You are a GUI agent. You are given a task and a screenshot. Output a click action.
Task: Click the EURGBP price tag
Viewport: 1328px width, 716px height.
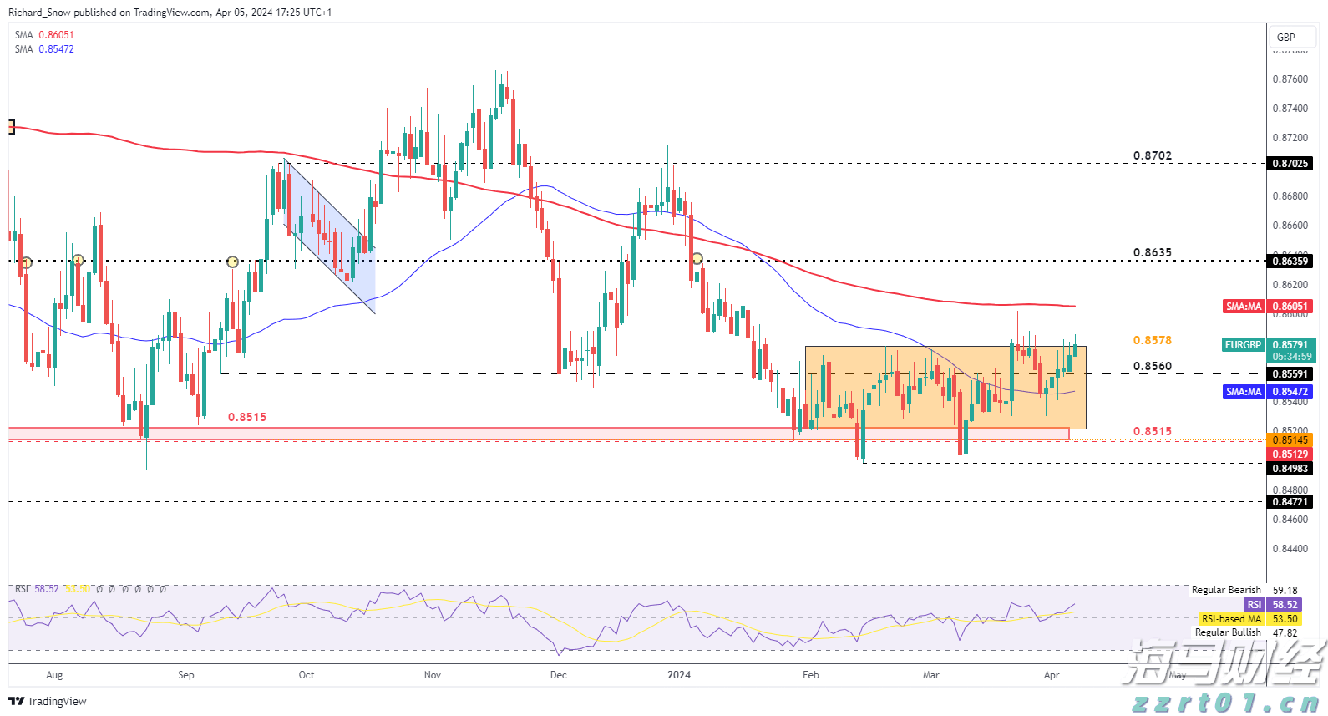click(x=1243, y=345)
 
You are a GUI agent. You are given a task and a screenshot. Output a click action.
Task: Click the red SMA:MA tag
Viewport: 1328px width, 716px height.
click(x=1243, y=307)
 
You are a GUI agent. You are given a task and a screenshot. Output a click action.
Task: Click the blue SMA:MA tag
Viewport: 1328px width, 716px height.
click(x=1243, y=392)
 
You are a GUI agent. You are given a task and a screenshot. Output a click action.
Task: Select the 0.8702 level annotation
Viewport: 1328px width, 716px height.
click(x=1152, y=156)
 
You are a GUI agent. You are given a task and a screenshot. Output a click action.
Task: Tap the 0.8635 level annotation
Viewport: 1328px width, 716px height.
click(x=1152, y=252)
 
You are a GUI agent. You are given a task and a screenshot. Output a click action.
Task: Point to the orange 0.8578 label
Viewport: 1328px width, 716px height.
click(x=1152, y=340)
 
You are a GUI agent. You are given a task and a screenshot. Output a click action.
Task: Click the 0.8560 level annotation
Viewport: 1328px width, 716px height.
click(x=1152, y=366)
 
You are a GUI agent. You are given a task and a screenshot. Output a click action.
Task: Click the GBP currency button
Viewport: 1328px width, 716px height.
click(x=1286, y=37)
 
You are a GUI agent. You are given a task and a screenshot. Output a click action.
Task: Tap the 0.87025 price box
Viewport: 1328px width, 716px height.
click(x=1290, y=164)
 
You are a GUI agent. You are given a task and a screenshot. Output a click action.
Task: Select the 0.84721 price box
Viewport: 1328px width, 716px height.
click(x=1290, y=502)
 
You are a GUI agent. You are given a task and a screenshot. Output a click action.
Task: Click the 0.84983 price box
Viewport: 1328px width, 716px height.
click(x=1290, y=469)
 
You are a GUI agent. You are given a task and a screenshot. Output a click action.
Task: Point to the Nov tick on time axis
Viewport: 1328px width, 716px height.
click(x=432, y=675)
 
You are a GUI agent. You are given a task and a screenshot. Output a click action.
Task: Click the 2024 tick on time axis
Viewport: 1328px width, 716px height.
click(x=679, y=675)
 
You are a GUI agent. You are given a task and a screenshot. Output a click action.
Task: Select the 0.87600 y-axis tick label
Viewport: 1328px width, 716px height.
click(x=1290, y=79)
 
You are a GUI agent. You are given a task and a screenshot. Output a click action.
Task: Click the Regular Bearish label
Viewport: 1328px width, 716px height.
click(x=1225, y=590)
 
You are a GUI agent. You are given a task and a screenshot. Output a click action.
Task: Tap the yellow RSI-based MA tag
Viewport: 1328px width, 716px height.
click(x=1231, y=619)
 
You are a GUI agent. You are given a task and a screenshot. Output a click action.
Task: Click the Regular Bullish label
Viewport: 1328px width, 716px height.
click(x=1227, y=632)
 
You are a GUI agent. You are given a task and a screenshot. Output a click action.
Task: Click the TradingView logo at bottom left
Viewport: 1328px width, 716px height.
click(x=48, y=701)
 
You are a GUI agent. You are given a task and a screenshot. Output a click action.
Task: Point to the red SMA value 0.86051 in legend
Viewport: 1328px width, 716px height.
click(x=56, y=35)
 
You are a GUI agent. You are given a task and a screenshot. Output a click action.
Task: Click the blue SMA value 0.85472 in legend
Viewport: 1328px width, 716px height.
click(x=56, y=49)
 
